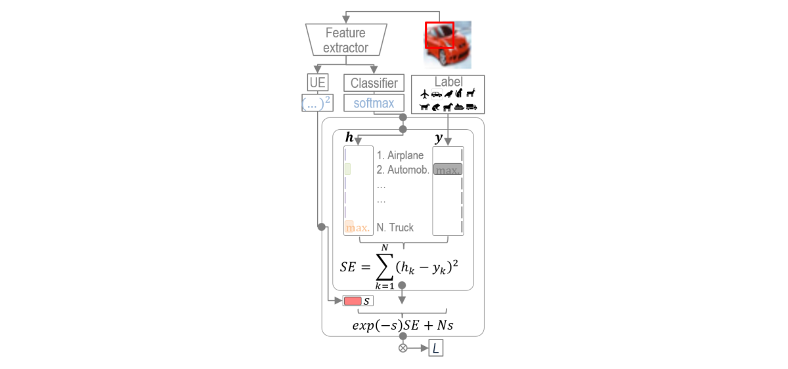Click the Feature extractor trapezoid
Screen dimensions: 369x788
coord(345,40)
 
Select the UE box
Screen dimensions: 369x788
coord(317,83)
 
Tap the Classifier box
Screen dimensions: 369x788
coord(374,83)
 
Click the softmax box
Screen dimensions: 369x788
coord(374,103)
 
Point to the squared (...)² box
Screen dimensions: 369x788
coord(317,103)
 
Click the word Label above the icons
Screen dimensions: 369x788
coord(448,82)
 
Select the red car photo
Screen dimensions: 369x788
coord(448,45)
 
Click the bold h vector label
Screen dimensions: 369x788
coord(349,139)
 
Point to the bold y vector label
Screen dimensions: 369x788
coord(438,139)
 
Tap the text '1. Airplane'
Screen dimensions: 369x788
coord(400,155)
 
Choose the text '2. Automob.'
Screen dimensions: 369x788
coord(403,170)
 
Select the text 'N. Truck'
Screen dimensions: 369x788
coord(395,227)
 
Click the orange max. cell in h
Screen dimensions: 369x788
coord(357,228)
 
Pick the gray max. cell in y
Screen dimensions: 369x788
coord(448,169)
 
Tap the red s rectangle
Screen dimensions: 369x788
coord(353,301)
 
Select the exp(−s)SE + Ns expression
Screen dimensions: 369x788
coord(403,324)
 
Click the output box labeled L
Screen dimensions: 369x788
coord(436,348)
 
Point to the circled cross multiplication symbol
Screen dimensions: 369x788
coord(403,348)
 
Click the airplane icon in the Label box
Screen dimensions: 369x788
coord(424,94)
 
